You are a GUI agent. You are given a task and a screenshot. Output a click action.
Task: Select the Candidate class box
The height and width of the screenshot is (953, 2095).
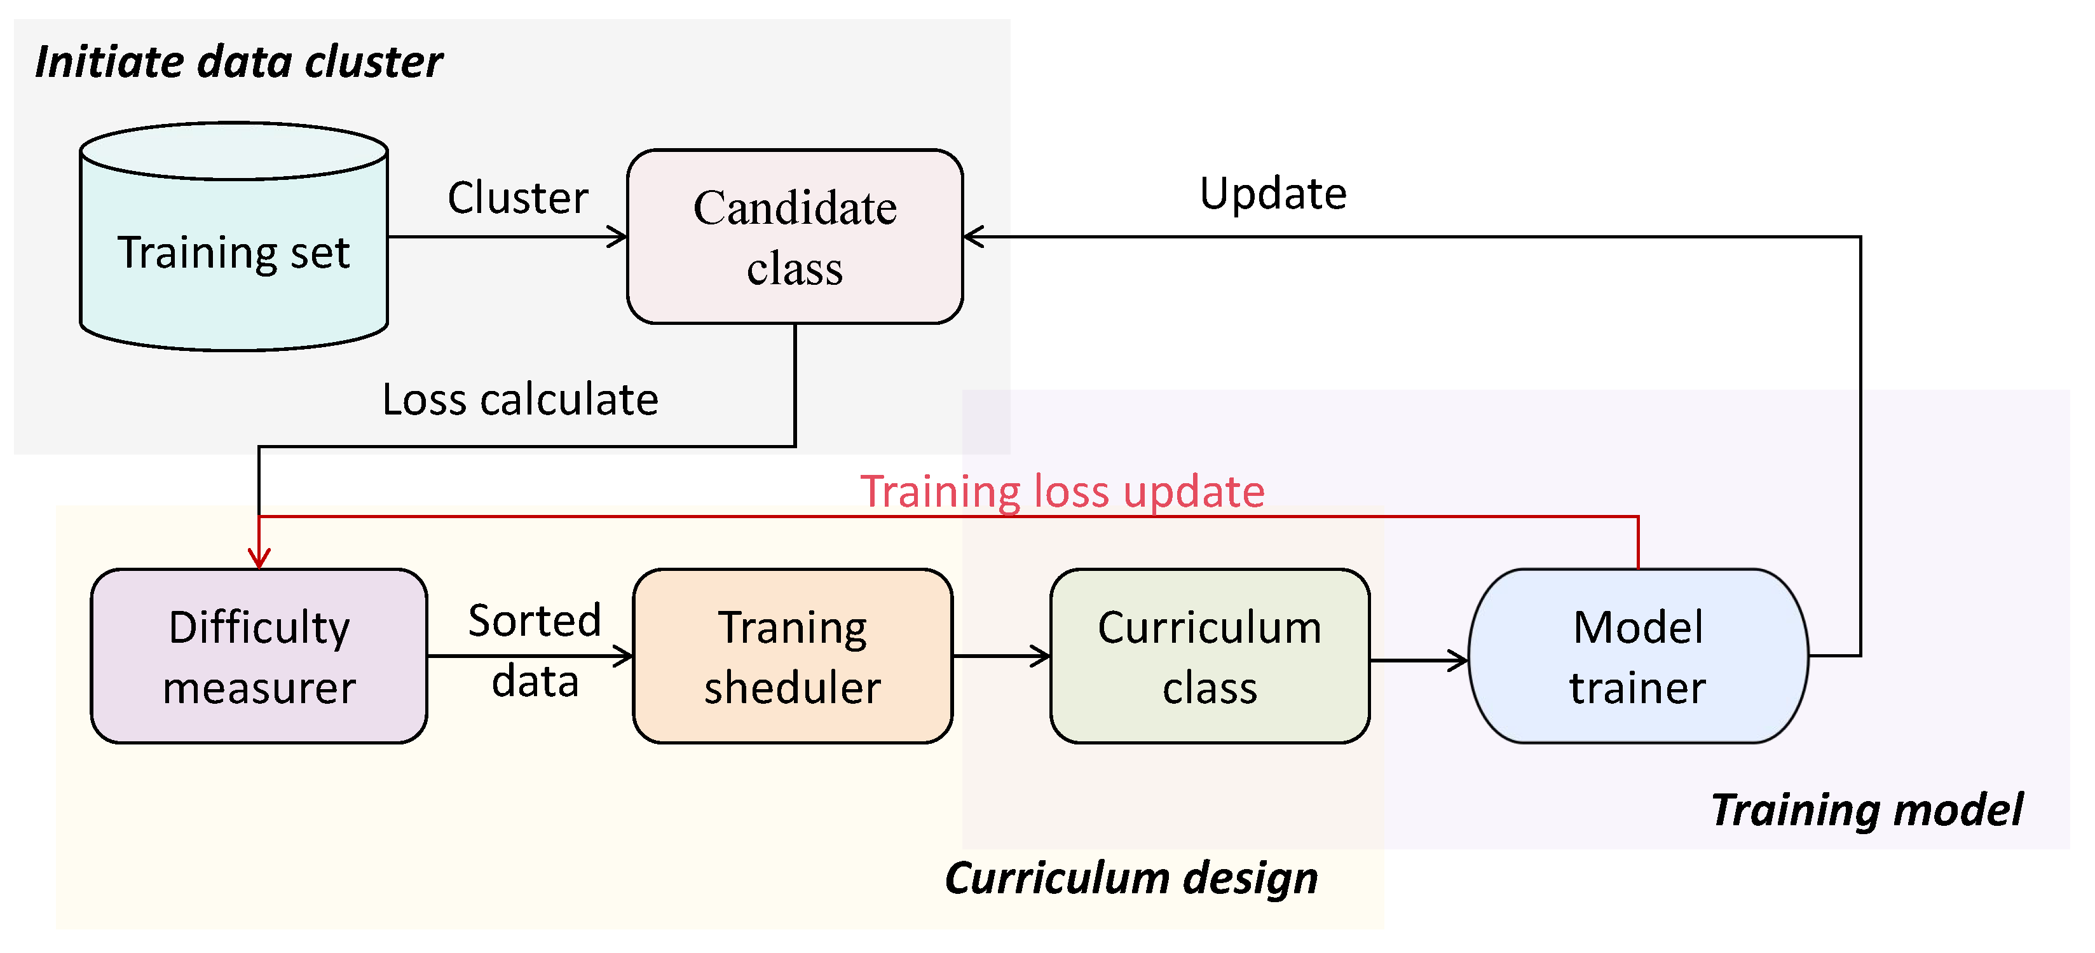coord(795,237)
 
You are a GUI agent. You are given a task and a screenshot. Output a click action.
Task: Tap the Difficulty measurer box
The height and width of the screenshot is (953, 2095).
coord(259,656)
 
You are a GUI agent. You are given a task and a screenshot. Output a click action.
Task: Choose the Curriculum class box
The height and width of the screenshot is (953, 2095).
coord(1210,656)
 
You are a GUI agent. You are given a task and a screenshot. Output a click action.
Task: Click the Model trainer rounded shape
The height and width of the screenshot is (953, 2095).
coord(1637,656)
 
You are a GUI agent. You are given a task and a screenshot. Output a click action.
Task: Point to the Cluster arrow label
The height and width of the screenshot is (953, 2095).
coord(518,198)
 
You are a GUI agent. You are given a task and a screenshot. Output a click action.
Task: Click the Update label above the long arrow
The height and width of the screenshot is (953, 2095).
coord(1273,193)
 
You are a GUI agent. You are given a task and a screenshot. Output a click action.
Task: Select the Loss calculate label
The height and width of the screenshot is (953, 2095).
coord(520,399)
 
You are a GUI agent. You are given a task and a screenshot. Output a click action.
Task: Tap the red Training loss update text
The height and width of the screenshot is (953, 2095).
coord(1062,491)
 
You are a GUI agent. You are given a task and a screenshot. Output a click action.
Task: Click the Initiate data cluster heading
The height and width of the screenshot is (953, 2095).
coord(239,62)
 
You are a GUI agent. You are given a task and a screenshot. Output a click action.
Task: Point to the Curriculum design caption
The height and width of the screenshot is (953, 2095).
coord(1131,878)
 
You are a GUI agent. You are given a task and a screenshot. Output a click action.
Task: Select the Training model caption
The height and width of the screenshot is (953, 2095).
coord(1866,810)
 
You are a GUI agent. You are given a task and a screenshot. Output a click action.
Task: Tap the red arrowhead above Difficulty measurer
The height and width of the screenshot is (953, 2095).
coord(259,559)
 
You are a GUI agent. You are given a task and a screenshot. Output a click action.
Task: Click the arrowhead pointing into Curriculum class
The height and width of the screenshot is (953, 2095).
coord(1041,655)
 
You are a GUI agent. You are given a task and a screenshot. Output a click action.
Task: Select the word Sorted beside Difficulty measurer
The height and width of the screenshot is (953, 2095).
coord(535,621)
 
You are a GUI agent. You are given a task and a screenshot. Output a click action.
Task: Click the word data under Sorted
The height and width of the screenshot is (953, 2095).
coord(535,682)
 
